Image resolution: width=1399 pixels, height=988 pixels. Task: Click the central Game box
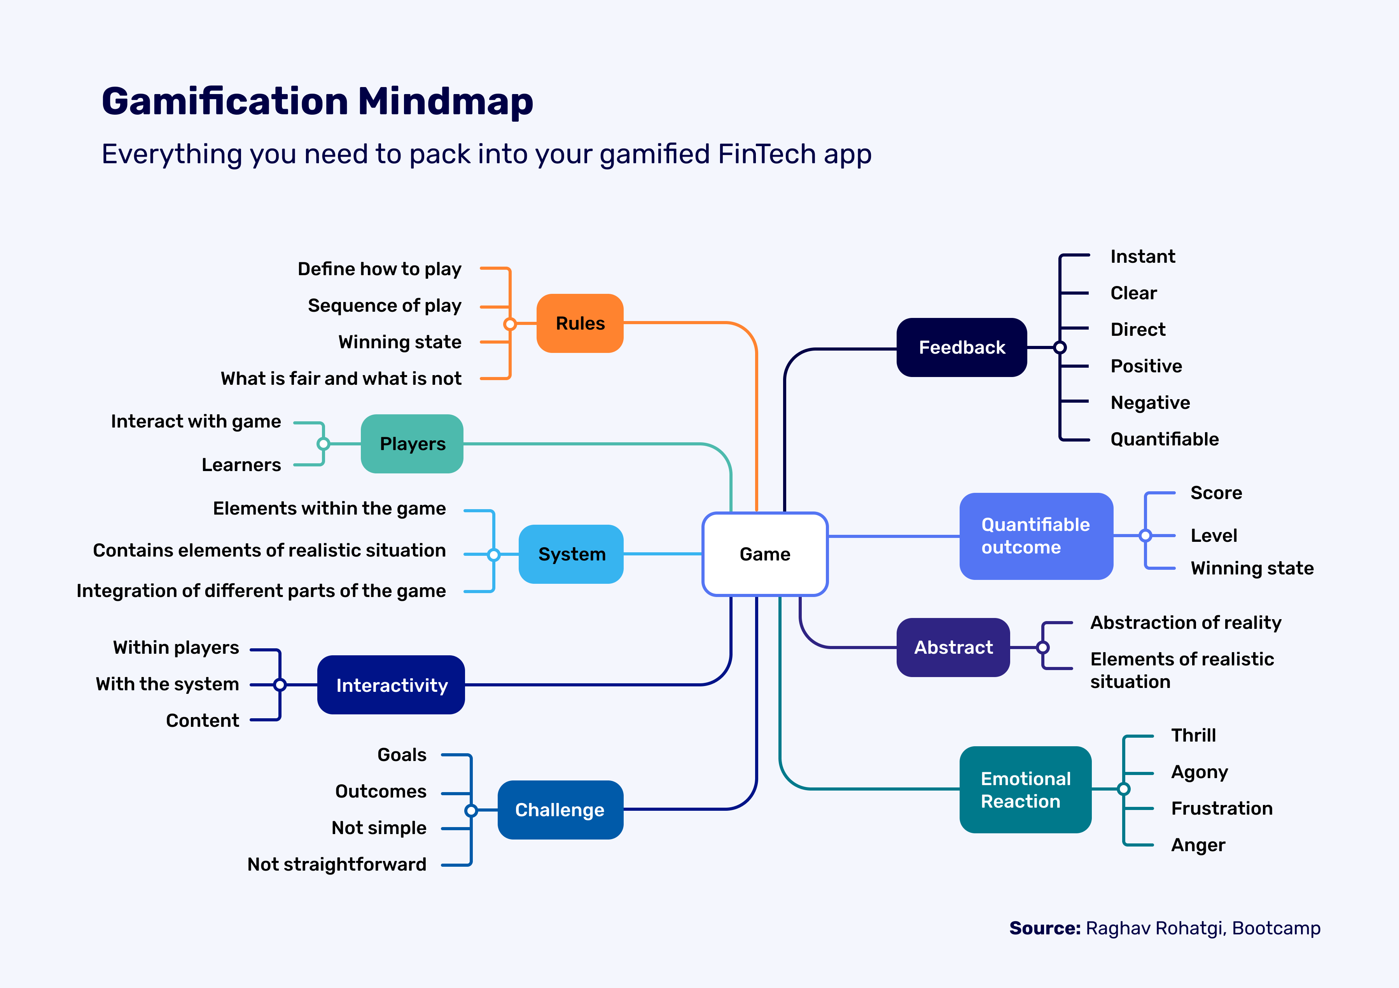point(765,554)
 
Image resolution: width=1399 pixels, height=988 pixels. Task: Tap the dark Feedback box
point(962,347)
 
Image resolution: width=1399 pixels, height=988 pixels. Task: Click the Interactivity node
point(391,685)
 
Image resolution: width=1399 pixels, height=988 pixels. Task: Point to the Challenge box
point(560,810)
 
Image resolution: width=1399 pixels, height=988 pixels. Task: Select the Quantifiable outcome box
point(1036,536)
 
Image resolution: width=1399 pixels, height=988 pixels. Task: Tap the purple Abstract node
point(953,647)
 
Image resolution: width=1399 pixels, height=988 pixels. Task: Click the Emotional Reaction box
point(1025,789)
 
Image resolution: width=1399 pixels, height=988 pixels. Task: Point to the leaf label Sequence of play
point(385,305)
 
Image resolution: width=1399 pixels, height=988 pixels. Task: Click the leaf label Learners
point(241,465)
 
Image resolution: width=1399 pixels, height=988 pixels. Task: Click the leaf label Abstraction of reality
point(1185,623)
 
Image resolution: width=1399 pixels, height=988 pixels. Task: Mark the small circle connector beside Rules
point(510,324)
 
